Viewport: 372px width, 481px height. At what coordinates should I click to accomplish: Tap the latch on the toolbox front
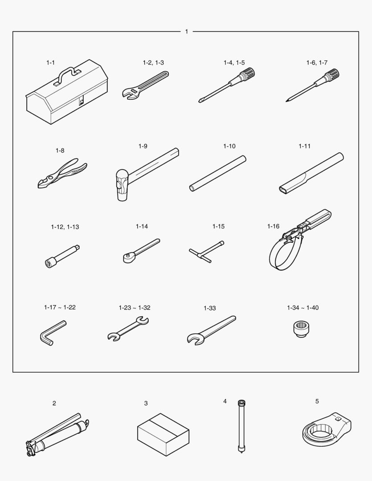(x=82, y=101)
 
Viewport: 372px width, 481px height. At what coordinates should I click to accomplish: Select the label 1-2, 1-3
(x=153, y=63)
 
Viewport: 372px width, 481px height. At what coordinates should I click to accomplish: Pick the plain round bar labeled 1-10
(x=217, y=174)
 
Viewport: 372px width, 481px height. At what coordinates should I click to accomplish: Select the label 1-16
(x=273, y=226)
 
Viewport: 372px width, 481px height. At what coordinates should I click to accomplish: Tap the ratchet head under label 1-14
(x=128, y=257)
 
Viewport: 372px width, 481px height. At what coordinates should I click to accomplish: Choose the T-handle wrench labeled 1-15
(x=207, y=252)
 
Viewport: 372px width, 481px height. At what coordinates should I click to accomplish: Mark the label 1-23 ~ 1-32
(x=135, y=308)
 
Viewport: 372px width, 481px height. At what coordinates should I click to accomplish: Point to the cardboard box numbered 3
(x=163, y=434)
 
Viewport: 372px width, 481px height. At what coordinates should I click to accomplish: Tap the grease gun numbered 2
(x=57, y=436)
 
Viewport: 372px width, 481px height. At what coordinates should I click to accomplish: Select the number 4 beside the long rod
(x=225, y=401)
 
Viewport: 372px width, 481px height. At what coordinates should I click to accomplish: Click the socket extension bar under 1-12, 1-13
(x=62, y=256)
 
